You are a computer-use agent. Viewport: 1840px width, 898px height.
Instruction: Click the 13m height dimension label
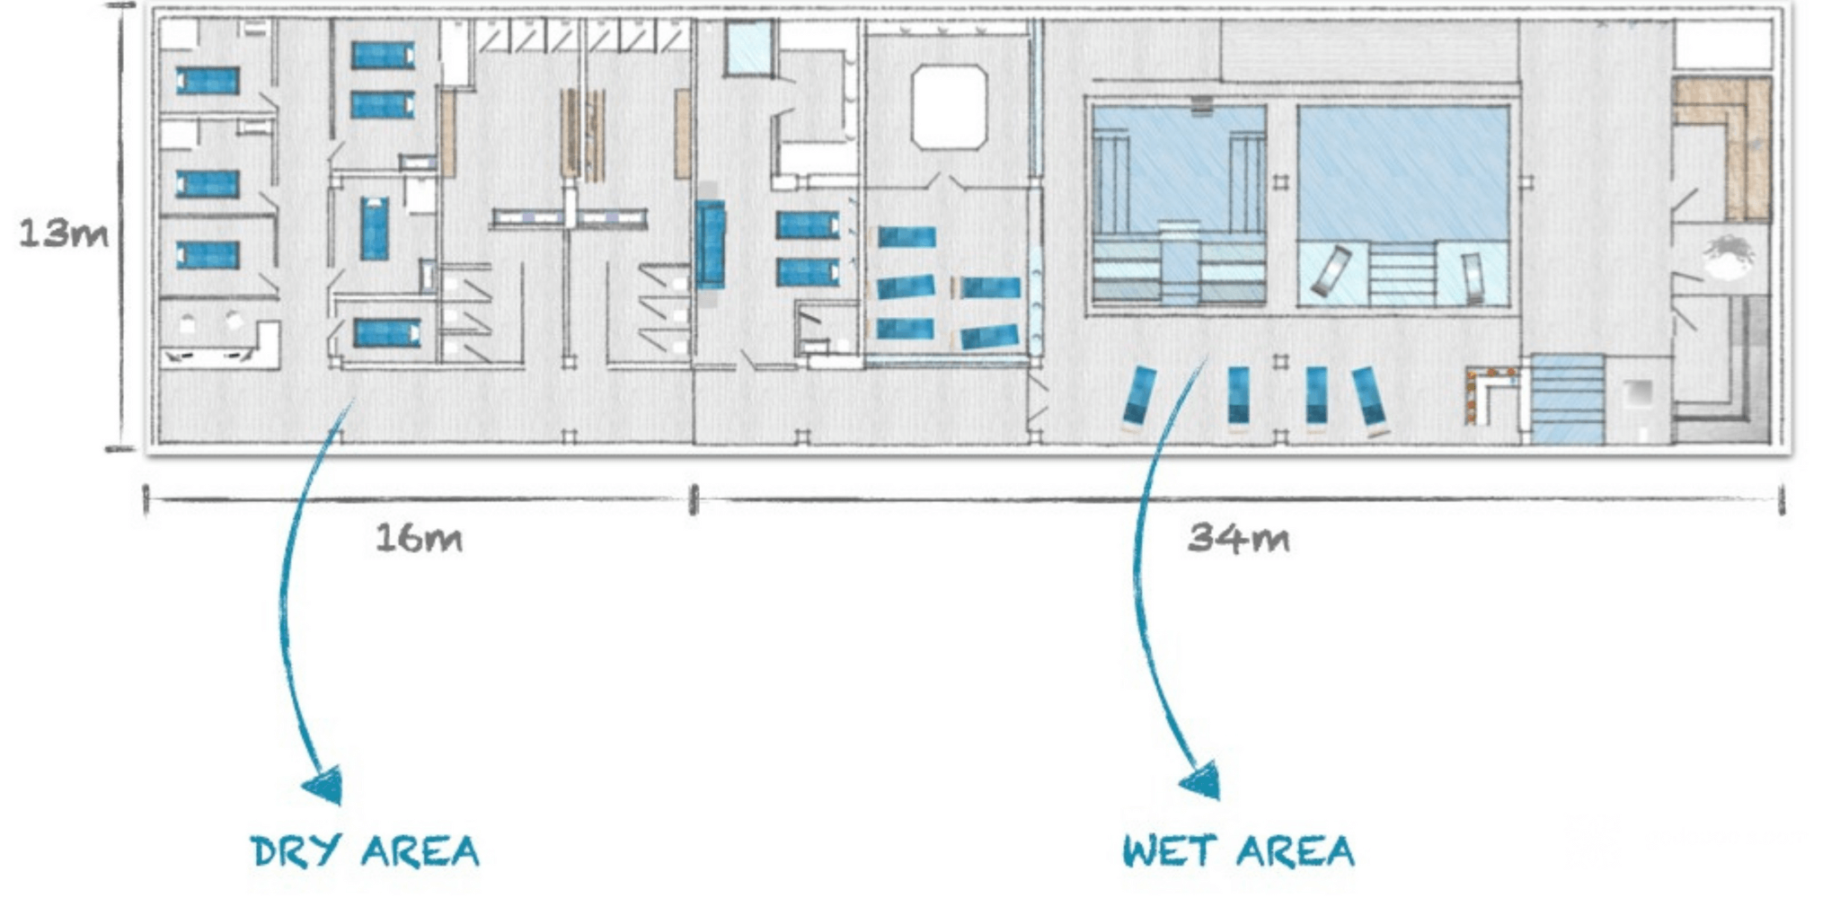pyautogui.click(x=63, y=233)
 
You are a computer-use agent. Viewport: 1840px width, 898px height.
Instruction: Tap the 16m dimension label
pyautogui.click(x=419, y=538)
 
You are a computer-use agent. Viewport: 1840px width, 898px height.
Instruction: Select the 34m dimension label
pyautogui.click(x=1239, y=538)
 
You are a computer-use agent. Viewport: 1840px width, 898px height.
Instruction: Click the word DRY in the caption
pyautogui.click(x=296, y=851)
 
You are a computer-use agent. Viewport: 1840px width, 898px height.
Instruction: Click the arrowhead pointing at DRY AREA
pyautogui.click(x=325, y=787)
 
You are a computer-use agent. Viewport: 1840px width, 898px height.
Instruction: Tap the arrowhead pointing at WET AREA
pyautogui.click(x=1201, y=781)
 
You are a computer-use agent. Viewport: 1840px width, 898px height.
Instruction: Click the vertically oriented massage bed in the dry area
pyautogui.click(x=375, y=229)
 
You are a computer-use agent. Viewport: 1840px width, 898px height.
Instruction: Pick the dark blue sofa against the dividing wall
pyautogui.click(x=710, y=244)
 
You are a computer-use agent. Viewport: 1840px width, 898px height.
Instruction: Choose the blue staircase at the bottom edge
pyautogui.click(x=1567, y=399)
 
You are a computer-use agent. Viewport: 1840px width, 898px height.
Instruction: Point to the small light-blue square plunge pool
pyautogui.click(x=749, y=48)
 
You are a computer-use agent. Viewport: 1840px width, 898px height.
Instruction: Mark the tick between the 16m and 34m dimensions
pyautogui.click(x=694, y=500)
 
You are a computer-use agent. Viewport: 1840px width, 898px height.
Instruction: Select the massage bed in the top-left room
pyautogui.click(x=208, y=81)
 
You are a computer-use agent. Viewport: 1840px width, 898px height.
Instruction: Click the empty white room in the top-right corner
pyautogui.click(x=1723, y=45)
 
